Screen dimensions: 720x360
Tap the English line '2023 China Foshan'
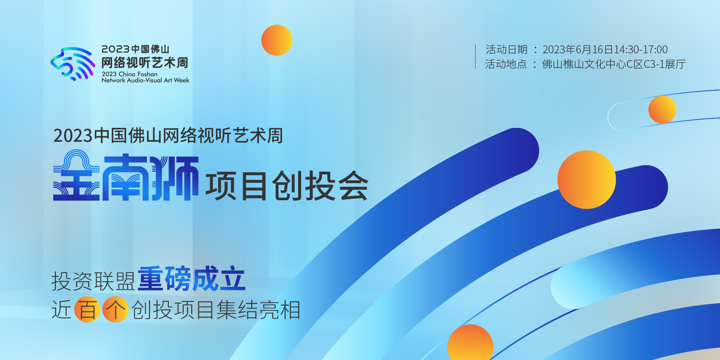point(130,74)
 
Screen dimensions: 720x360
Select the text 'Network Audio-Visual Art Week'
point(145,80)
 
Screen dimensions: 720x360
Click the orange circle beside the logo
point(277,40)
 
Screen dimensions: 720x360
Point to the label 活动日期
point(507,49)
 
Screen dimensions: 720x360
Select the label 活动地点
point(506,64)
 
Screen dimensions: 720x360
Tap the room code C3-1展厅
point(665,64)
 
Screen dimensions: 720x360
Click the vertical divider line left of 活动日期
point(475,57)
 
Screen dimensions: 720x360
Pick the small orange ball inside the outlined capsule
point(662,109)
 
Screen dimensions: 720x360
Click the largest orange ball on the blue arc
point(586,180)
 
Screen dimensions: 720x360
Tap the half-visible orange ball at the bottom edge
point(470,342)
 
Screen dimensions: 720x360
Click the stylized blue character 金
point(76,175)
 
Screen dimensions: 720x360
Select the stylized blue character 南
point(126,177)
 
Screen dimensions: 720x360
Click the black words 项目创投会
point(287,186)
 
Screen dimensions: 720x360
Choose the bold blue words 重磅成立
point(192,279)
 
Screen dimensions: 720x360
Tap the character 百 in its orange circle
point(87,309)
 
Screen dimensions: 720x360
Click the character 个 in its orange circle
point(115,309)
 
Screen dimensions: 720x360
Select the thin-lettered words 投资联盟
point(93,281)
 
